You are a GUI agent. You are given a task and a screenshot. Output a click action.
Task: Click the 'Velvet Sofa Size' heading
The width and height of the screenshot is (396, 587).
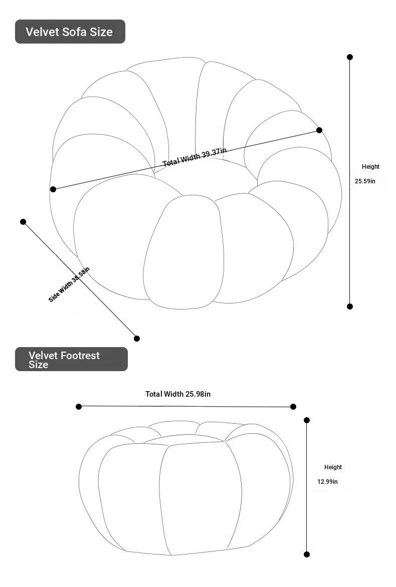(69, 32)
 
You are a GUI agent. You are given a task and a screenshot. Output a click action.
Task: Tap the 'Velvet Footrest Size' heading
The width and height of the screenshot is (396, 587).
(64, 360)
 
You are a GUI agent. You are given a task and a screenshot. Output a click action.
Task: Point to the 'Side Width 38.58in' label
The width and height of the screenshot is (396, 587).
(69, 284)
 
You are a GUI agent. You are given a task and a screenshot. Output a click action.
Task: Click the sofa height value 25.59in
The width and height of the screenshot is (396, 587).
(365, 181)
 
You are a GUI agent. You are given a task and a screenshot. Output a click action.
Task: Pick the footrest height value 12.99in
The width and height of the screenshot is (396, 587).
(327, 482)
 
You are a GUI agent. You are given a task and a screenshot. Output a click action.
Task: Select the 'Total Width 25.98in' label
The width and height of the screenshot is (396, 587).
(178, 394)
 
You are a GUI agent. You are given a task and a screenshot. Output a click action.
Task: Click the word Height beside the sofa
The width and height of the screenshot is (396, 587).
(370, 167)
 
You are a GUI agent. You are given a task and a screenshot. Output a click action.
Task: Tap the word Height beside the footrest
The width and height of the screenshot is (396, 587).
(333, 467)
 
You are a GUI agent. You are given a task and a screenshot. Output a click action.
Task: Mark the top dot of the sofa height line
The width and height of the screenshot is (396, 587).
(350, 57)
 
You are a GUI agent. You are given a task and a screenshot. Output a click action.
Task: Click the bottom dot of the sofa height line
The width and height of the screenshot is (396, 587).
(350, 307)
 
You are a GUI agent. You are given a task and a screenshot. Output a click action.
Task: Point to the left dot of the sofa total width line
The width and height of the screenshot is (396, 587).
(53, 189)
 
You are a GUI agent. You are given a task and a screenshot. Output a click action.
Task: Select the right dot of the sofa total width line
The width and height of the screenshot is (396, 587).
(319, 130)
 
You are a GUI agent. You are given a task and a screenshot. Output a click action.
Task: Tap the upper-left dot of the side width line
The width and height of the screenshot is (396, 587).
(23, 222)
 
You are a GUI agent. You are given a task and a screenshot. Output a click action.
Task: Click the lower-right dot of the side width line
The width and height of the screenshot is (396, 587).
(137, 339)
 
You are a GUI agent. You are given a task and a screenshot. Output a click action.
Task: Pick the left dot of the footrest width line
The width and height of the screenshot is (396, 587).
(79, 406)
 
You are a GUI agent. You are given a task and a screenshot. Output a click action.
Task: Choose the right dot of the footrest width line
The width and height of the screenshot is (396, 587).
(293, 407)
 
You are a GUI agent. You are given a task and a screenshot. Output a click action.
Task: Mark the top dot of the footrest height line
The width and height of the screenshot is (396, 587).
(307, 420)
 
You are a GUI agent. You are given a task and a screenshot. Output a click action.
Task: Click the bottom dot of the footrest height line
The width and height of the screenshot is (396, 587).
(307, 554)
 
